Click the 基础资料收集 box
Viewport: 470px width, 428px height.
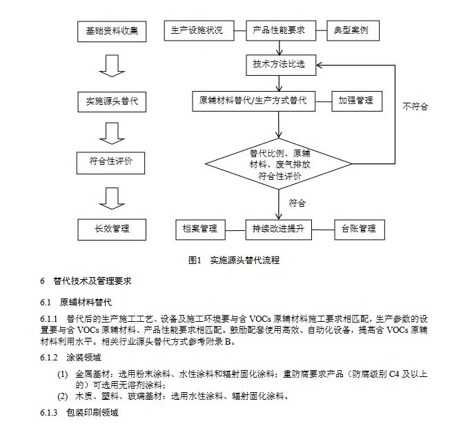(x=111, y=32)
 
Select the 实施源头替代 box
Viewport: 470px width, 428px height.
(x=111, y=101)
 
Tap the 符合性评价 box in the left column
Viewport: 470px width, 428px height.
(x=111, y=163)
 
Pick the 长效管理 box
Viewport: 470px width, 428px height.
(x=111, y=229)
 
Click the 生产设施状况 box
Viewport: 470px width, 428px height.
(x=197, y=31)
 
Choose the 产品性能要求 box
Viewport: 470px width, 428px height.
(x=279, y=31)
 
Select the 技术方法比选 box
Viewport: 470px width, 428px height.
(x=279, y=66)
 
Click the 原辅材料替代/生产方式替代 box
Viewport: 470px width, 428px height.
(x=253, y=101)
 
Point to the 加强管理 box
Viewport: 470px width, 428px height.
(x=355, y=101)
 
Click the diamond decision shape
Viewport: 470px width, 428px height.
(x=279, y=165)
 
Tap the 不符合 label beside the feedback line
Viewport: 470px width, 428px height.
(x=415, y=106)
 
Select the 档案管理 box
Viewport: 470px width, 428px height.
(x=200, y=229)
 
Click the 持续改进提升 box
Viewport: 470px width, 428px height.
(x=279, y=229)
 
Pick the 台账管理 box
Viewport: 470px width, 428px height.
(x=358, y=229)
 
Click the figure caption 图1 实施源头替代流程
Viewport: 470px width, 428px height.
(x=234, y=261)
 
